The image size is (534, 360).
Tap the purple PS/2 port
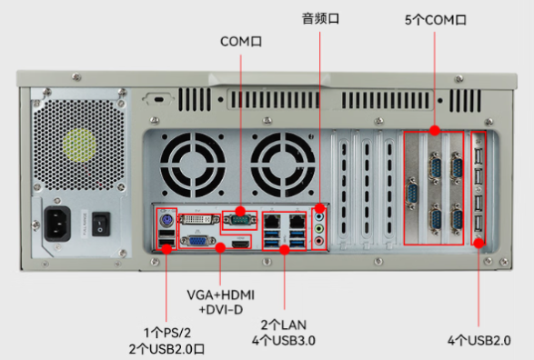click(x=166, y=219)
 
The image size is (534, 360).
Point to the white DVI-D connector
click(x=197, y=220)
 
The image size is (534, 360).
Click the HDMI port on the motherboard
click(x=239, y=245)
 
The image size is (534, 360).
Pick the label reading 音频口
click(x=319, y=16)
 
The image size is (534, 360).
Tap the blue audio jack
click(x=319, y=217)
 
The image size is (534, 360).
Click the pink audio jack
click(x=319, y=241)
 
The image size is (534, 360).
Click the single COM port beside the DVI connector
click(x=240, y=219)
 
